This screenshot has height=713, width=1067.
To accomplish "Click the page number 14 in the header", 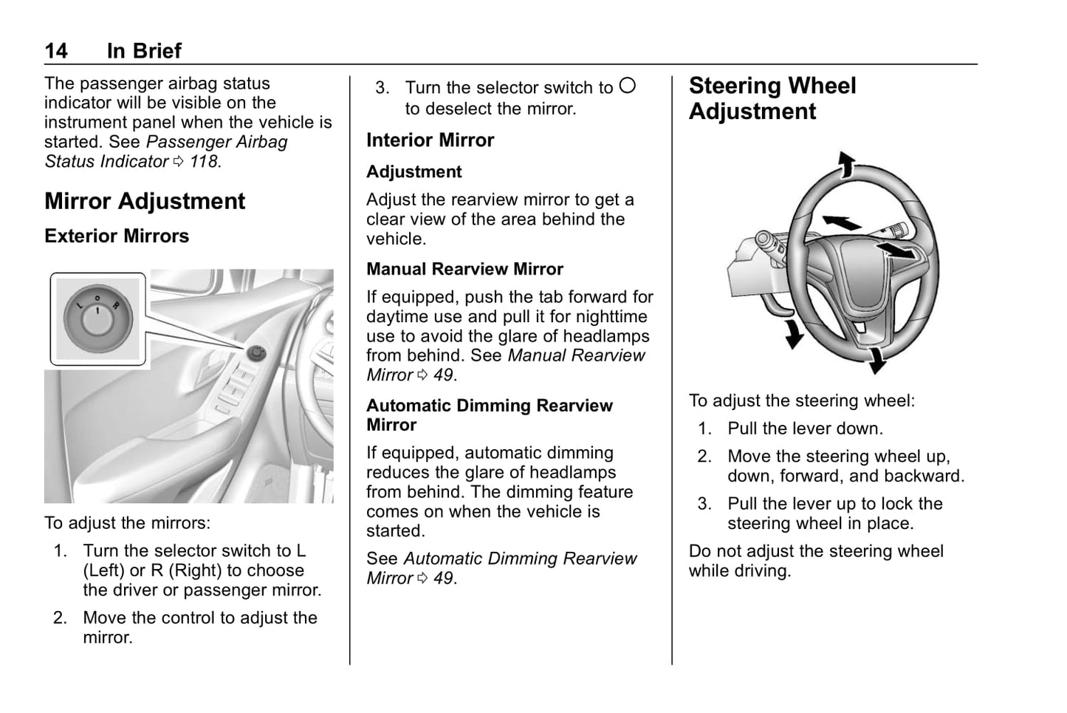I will tap(56, 51).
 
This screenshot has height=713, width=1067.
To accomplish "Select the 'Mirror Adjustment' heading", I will tap(145, 201).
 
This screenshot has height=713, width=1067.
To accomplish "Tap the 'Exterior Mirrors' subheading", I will tap(117, 236).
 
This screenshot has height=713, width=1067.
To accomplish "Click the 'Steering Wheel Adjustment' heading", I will tap(772, 98).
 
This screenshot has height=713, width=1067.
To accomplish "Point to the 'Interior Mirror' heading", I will tap(430, 140).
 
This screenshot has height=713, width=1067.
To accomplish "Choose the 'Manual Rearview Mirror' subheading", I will tap(464, 269).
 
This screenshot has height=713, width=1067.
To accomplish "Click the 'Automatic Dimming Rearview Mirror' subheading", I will tap(489, 415).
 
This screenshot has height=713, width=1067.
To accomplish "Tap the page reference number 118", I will tap(204, 161).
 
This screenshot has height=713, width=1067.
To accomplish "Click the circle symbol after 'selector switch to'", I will tap(627, 86).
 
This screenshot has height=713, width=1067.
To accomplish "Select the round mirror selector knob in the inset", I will tap(97, 318).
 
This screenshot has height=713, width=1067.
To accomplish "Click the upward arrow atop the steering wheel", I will tap(845, 164).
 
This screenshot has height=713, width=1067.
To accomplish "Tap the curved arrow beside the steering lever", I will tap(793, 333).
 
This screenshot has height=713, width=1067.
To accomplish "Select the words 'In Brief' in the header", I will tap(144, 51).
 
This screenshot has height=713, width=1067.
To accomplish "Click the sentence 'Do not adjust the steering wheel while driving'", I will tap(815, 561).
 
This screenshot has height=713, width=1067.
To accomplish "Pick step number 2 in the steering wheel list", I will tap(705, 457).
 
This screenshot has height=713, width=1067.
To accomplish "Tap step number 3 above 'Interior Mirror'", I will tap(382, 88).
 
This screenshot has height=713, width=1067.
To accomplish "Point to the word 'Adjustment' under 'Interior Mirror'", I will tap(414, 172).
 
